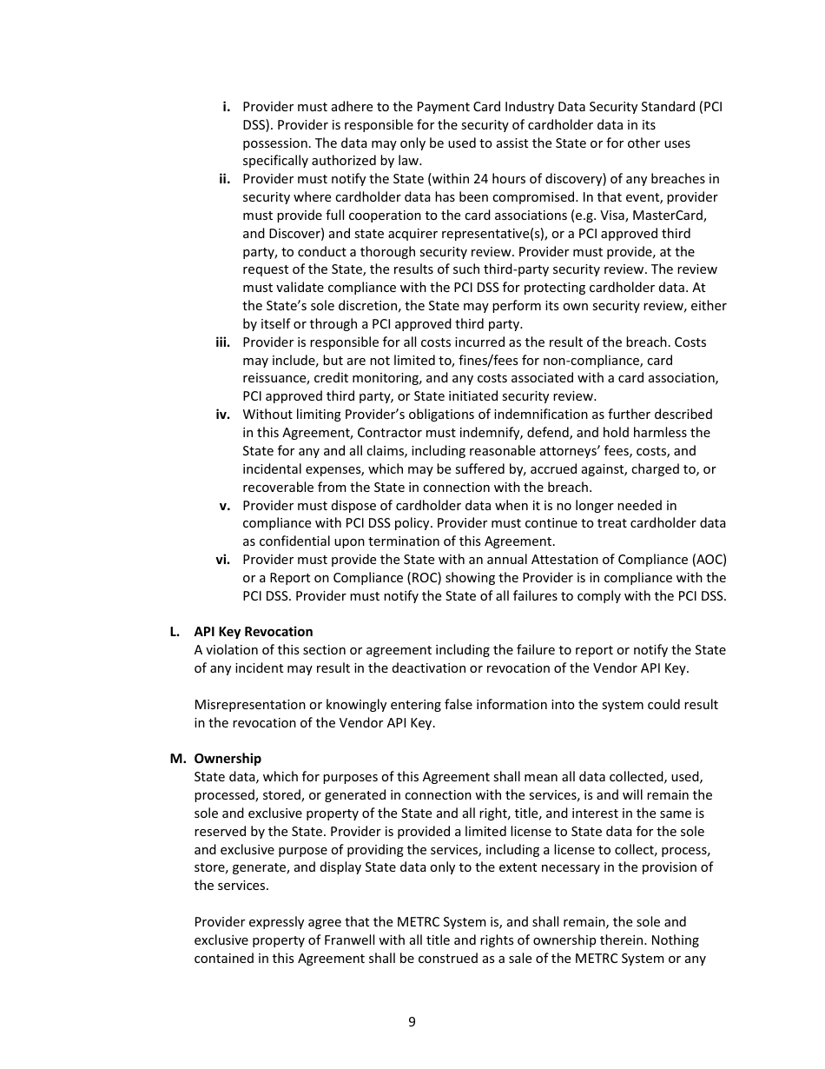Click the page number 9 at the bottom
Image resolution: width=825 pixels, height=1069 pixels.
[412, 1022]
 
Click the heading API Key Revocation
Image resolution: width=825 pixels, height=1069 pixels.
[253, 632]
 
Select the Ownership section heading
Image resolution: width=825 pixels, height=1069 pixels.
[228, 759]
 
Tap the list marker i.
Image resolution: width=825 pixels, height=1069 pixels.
[226, 107]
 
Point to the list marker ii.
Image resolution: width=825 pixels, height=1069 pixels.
[224, 179]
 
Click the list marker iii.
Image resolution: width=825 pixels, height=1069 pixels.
[222, 342]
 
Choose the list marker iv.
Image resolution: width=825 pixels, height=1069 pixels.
[223, 415]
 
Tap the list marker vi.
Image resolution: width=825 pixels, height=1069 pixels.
[223, 560]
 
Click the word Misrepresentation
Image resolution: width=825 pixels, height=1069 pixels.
[250, 705]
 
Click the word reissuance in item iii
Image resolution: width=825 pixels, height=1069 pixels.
[275, 379]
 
